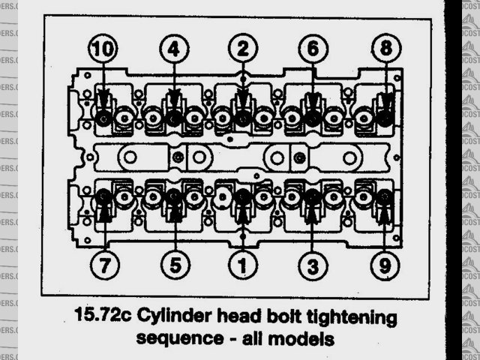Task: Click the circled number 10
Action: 103,50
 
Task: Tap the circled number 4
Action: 172,50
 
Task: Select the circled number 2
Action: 242,50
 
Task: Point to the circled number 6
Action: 313,50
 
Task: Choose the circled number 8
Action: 385,50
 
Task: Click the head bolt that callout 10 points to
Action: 103,117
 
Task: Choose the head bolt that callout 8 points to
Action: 385,117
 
